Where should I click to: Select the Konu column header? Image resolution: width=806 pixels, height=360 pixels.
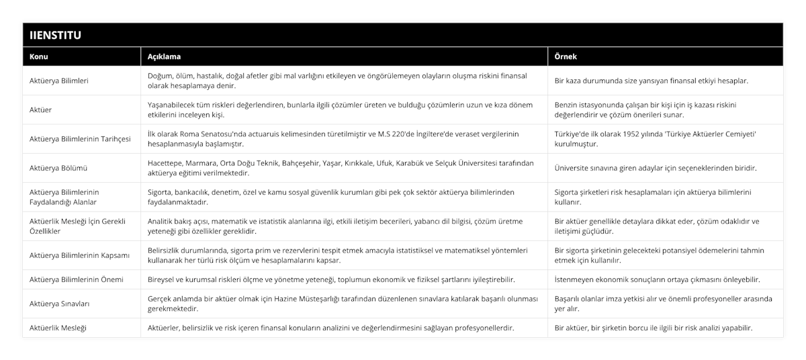[x=40, y=57]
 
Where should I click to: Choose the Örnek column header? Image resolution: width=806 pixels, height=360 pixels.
[x=566, y=57]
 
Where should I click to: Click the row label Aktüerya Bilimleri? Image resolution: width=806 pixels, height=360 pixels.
[x=60, y=81]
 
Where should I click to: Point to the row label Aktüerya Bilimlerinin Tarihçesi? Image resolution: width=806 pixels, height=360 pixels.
[x=79, y=139]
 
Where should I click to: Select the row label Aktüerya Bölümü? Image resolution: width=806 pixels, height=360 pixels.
[x=59, y=168]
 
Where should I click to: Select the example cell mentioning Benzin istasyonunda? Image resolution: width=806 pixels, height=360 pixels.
[x=645, y=109]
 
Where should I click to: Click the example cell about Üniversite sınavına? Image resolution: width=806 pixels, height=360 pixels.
[x=655, y=168]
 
